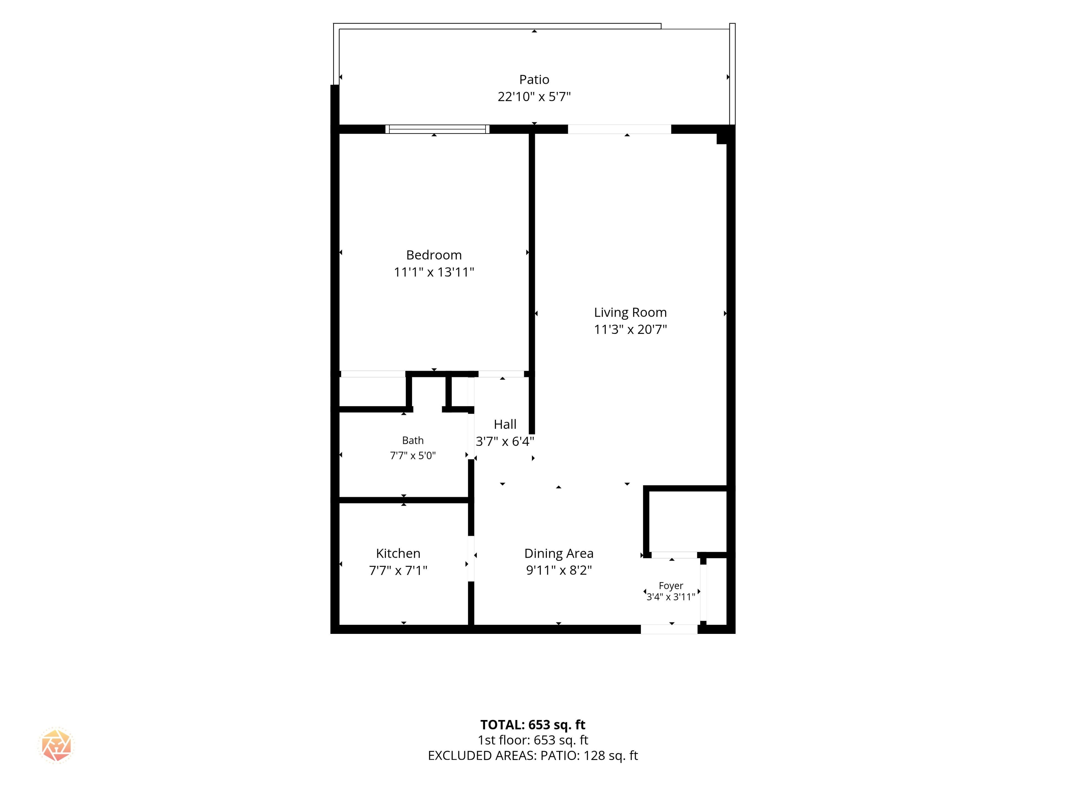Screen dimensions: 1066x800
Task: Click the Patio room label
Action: (x=534, y=79)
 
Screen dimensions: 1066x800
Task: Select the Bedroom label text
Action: (x=434, y=255)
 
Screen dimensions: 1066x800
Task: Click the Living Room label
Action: (x=630, y=312)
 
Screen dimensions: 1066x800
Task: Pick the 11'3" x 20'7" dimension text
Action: (x=630, y=329)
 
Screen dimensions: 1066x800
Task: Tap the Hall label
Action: (x=505, y=424)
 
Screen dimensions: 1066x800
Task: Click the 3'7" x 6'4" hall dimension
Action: (x=505, y=441)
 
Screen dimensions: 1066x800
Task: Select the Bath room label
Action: (x=413, y=440)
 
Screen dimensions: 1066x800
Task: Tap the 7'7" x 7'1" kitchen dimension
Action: (x=398, y=571)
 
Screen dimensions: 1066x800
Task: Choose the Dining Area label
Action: (x=559, y=554)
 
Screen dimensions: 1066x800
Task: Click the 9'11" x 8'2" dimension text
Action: (x=559, y=571)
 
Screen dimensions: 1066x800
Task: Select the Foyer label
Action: (x=671, y=586)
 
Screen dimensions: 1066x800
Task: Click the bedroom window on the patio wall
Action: (x=438, y=129)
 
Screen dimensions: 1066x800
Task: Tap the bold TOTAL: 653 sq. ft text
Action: (x=533, y=725)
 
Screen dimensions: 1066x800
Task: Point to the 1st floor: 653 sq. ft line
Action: (x=533, y=740)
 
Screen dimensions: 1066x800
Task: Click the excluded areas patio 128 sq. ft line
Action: (x=533, y=756)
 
